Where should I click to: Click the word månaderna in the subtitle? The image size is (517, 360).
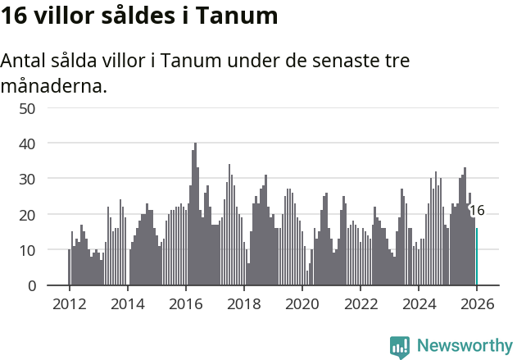coord(54,85)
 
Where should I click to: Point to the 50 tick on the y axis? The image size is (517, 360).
coord(27,107)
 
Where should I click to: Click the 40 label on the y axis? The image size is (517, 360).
coord(27,144)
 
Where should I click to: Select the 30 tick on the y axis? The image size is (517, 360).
coord(27,179)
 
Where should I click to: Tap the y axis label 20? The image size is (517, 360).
coord(27,215)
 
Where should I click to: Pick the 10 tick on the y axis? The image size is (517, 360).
coord(27,250)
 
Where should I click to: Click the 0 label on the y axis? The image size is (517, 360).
coord(31,285)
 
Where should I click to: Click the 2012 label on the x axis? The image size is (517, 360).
coord(69,303)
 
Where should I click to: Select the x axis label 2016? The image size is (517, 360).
coord(185,303)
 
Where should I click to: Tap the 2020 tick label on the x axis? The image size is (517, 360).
coord(302,303)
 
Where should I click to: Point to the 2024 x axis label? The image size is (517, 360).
coord(419,303)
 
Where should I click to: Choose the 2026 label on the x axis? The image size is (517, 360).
coord(477,303)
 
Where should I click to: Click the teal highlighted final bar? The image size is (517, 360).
coord(477,257)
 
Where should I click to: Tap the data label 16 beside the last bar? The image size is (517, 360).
coord(477,211)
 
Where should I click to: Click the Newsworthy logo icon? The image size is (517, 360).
coord(400,346)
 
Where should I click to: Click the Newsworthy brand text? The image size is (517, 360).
coord(464,345)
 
